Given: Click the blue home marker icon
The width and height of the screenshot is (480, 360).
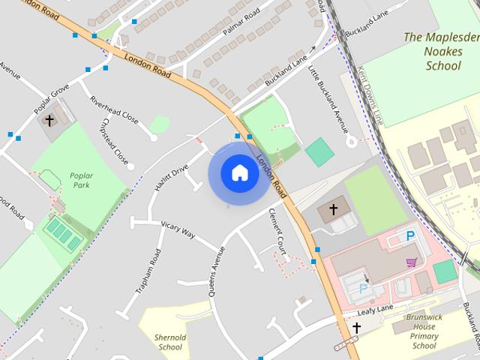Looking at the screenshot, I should [x=239, y=173].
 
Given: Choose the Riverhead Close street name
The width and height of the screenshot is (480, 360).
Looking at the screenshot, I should [x=114, y=109].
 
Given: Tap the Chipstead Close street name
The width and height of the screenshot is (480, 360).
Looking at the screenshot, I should [x=114, y=142].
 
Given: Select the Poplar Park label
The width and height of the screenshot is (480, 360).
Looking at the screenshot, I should [x=81, y=180].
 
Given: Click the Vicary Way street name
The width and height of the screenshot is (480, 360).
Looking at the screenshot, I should [x=178, y=229].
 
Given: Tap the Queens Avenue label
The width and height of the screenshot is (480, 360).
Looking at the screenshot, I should [x=217, y=271].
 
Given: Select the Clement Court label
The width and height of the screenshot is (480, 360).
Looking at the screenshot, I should [x=277, y=232].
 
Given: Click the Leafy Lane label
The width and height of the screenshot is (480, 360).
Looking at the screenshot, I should [x=375, y=308].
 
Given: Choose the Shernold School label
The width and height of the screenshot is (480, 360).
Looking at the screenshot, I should [x=170, y=342].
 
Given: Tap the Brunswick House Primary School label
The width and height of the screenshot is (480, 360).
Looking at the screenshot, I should [x=424, y=331].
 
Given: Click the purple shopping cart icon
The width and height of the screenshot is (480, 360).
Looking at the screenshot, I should [x=411, y=262].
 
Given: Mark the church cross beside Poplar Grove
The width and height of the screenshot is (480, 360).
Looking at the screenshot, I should [x=50, y=120].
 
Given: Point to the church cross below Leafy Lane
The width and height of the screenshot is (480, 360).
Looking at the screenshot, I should [x=356, y=328].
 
